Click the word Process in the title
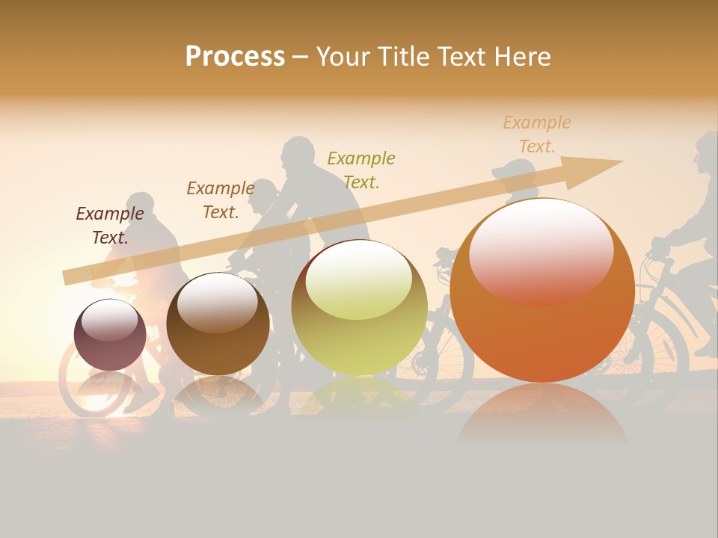(x=235, y=56)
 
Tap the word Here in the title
(x=522, y=56)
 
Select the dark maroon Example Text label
(x=110, y=225)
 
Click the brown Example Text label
(x=221, y=200)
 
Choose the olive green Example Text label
(x=361, y=170)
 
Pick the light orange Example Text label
(x=537, y=134)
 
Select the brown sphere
(x=218, y=325)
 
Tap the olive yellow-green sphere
(x=359, y=308)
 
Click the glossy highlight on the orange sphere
(x=541, y=250)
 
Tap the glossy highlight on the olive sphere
(x=359, y=278)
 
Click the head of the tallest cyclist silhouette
(x=298, y=154)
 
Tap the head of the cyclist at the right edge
(x=705, y=152)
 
